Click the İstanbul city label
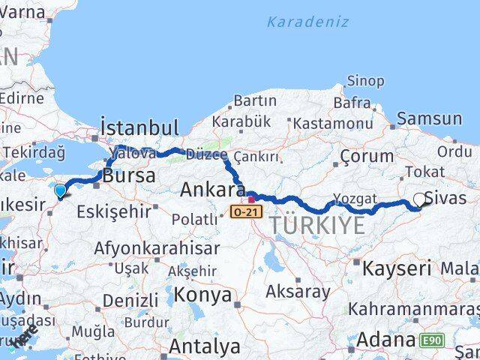(139, 127)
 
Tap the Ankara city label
(212, 190)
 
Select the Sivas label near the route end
(445, 199)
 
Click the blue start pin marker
(61, 192)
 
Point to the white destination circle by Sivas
(420, 200)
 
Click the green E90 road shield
(432, 340)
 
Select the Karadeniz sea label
(307, 22)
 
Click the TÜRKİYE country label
(318, 225)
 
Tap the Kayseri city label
(397, 268)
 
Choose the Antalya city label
(204, 346)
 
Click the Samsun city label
(429, 118)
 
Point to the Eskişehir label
(114, 211)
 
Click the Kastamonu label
(333, 123)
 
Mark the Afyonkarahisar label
(162, 247)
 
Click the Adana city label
(385, 340)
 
